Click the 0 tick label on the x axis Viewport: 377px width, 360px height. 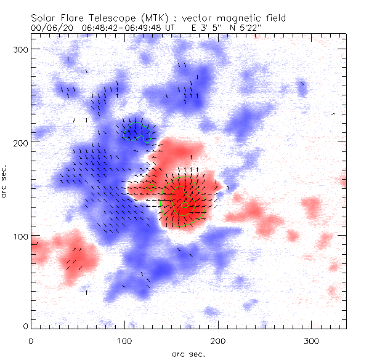31,340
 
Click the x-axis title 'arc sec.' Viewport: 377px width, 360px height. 188,353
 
